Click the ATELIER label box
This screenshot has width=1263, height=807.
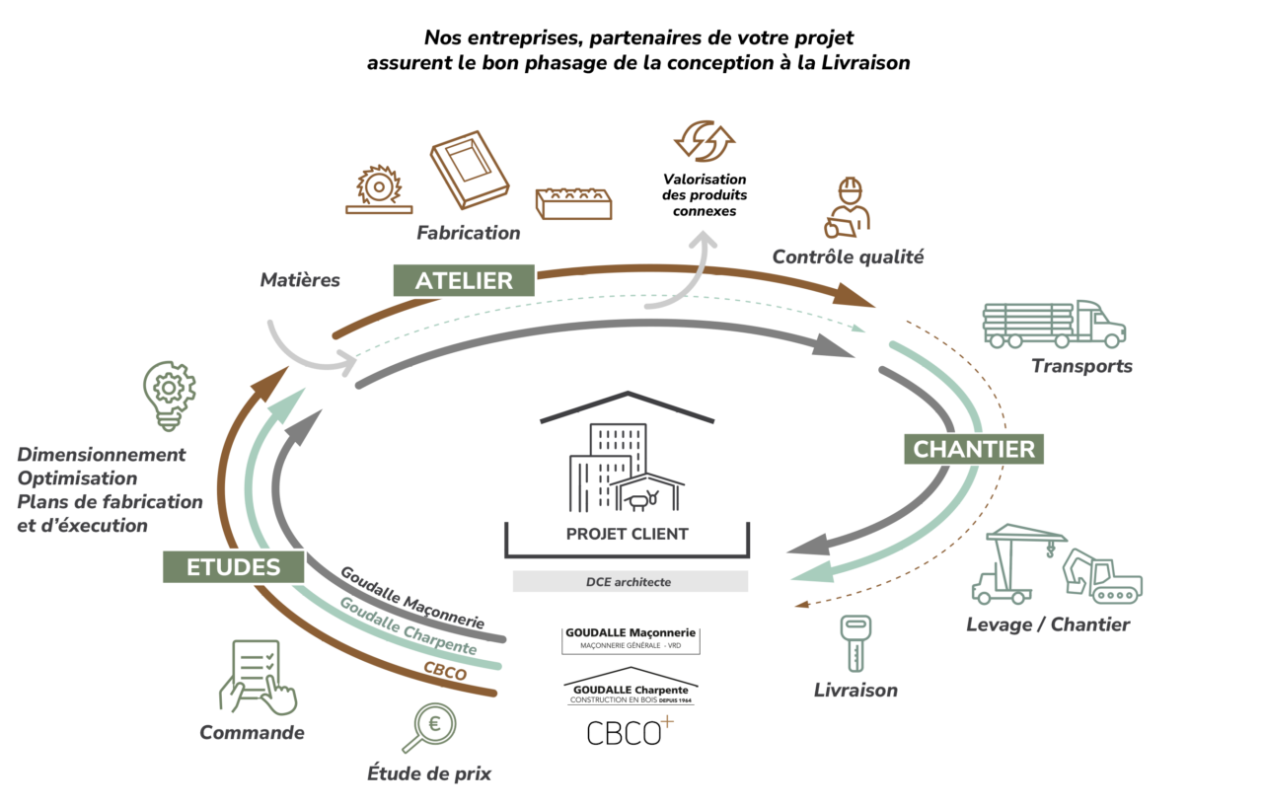[464, 280]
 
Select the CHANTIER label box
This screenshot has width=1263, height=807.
[974, 449]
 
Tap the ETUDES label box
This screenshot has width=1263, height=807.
[234, 566]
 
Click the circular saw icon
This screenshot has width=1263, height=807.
[379, 189]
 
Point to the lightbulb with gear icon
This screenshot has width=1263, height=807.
[169, 394]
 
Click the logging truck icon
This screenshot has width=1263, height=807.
[1053, 324]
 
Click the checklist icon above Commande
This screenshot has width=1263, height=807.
[258, 677]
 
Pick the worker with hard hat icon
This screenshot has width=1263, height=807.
[848, 208]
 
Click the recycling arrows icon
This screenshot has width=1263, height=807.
[705, 140]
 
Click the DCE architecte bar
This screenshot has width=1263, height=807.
[630, 582]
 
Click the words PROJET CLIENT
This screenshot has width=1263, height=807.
[628, 535]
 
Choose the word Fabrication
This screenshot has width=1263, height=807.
[468, 234]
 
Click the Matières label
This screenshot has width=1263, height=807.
[300, 280]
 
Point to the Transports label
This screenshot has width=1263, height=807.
[1081, 366]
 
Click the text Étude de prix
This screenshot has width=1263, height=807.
[428, 773]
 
